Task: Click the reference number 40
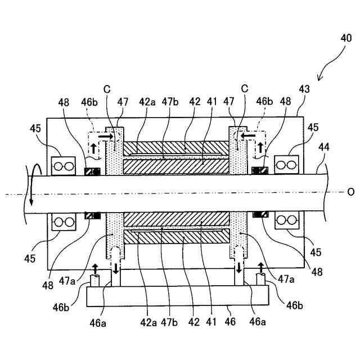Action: click(x=346, y=39)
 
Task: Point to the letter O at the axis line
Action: click(x=351, y=192)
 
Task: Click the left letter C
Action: click(x=107, y=88)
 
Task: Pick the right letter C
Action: click(x=244, y=88)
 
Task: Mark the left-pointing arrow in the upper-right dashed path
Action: click(x=246, y=136)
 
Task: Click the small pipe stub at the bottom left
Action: click(x=94, y=280)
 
